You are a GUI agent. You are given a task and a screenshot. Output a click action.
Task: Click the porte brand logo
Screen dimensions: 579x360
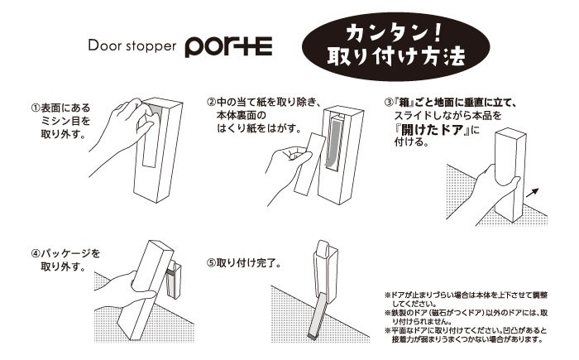(228, 46)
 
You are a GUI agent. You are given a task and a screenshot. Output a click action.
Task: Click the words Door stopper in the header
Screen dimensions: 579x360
(132, 46)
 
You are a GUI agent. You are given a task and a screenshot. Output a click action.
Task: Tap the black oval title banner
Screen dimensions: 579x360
(396, 47)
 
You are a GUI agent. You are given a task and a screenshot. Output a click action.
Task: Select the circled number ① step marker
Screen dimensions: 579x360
(36, 108)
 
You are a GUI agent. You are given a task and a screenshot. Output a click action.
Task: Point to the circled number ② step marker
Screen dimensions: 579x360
(212, 102)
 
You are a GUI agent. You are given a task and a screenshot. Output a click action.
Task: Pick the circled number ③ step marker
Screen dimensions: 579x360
(389, 103)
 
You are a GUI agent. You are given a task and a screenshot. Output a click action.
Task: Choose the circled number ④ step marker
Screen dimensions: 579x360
(36, 253)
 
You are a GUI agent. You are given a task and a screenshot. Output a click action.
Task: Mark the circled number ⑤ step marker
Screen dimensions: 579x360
(212, 263)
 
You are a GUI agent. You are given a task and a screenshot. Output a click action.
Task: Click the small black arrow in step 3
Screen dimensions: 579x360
(532, 193)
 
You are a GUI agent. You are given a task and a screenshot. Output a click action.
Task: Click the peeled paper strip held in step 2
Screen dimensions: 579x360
(309, 163)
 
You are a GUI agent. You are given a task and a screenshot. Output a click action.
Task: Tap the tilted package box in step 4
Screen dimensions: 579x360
(145, 290)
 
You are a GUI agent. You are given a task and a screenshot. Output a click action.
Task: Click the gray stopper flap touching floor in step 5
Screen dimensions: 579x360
(318, 316)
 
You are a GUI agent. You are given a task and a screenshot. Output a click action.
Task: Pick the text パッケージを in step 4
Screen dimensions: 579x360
(70, 253)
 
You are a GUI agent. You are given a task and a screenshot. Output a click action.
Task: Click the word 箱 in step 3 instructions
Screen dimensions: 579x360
(404, 103)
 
